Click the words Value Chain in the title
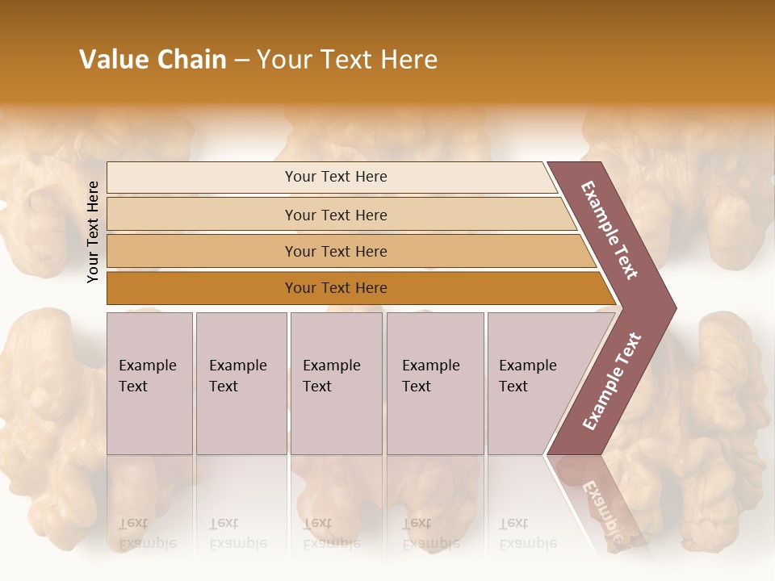tap(153, 60)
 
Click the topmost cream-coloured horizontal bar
tap(202, 178)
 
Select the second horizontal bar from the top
tap(202, 215)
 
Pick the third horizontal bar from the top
tap(202, 251)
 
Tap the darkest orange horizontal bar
tap(202, 288)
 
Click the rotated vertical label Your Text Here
tap(93, 232)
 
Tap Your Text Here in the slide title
tap(347, 60)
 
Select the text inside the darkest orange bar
tap(336, 288)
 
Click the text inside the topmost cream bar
tap(336, 177)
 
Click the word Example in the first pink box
tap(147, 366)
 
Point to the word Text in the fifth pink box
tap(513, 387)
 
